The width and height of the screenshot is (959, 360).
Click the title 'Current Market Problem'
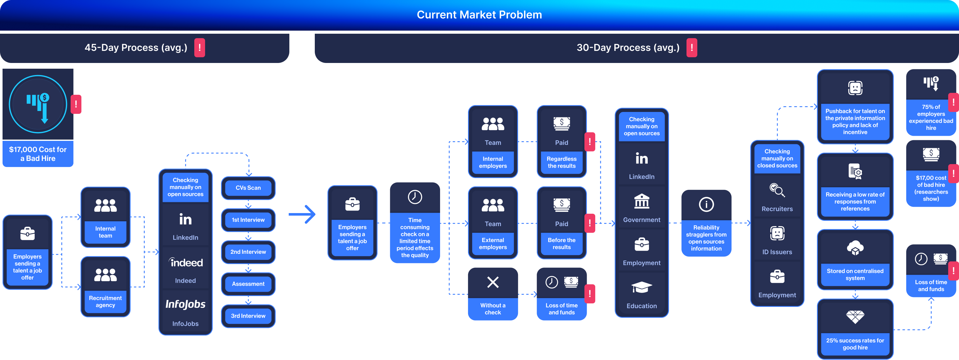479,15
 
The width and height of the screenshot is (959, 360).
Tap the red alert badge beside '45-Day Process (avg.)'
200,48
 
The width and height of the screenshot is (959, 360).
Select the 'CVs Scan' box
248,188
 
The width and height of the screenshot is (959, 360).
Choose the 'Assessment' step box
248,284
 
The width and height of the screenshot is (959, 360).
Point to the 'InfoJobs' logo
185,304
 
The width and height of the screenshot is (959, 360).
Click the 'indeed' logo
185,262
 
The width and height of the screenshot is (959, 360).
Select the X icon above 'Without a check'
493,282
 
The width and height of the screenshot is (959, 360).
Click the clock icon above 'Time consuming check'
415,197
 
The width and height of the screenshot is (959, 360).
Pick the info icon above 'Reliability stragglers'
706,204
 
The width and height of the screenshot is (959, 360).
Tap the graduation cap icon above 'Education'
641,287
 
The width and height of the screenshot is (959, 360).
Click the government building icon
641,201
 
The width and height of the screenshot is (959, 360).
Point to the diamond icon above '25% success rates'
855,317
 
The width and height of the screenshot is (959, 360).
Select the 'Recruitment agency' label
105,301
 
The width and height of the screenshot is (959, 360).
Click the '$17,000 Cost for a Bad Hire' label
38,154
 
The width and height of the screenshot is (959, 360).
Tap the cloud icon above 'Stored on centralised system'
855,247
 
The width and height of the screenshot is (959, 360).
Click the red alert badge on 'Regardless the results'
590,142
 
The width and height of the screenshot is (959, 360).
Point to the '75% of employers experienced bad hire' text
931,117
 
